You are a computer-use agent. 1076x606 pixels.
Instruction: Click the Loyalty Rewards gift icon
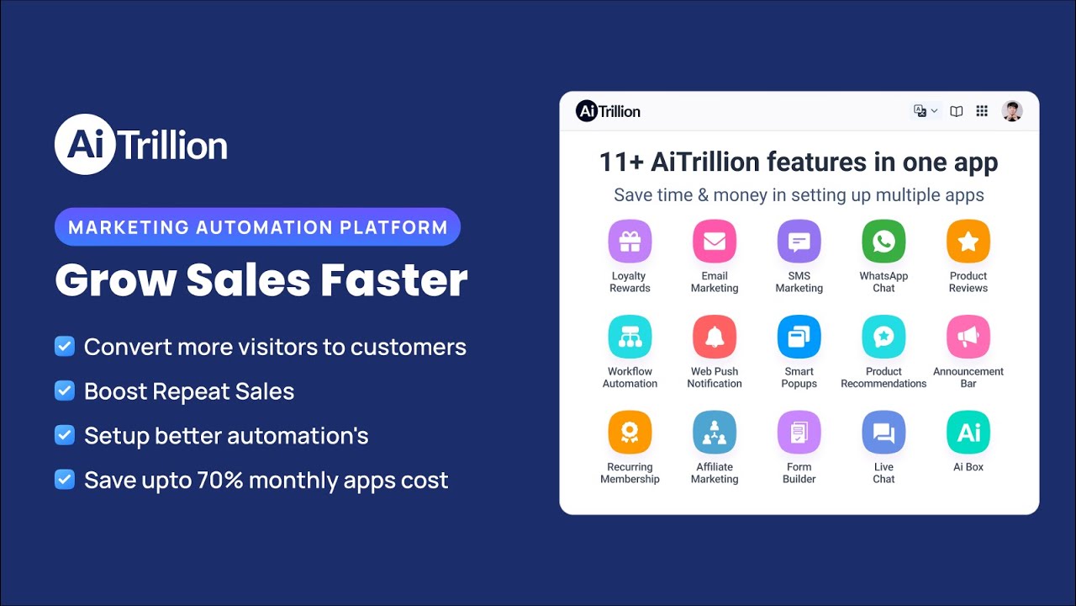coord(630,242)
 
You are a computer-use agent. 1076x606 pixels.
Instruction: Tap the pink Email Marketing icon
coord(715,242)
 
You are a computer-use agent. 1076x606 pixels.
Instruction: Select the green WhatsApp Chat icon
coord(883,242)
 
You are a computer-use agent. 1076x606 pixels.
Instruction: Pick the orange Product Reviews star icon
coord(968,242)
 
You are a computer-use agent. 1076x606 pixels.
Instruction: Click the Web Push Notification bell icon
coord(715,337)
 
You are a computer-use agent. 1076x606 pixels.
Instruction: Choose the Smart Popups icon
coord(799,337)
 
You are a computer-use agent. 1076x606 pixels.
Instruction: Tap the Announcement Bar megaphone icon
coord(968,337)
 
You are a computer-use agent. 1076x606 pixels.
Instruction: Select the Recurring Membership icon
coord(630,433)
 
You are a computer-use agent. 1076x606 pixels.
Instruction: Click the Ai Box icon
coord(968,433)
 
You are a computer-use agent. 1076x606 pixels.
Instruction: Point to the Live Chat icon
coord(883,433)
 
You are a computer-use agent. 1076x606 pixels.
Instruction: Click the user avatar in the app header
coord(1012,111)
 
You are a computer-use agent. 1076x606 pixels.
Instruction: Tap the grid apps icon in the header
coord(982,111)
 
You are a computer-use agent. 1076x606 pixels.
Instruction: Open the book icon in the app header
coord(957,111)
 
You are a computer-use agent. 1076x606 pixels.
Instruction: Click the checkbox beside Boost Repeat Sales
coord(65,391)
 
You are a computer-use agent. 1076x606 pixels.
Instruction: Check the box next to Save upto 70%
coord(65,480)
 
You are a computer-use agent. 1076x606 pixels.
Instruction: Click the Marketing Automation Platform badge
coord(257,227)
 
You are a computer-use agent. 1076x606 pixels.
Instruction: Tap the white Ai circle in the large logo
coord(85,145)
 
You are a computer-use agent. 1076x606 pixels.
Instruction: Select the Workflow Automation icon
coord(630,337)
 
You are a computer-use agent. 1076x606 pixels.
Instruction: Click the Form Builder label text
coord(799,473)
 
